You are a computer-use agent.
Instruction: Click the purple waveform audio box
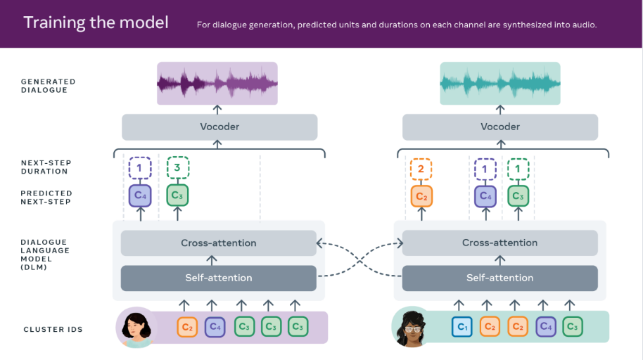coord(217,83)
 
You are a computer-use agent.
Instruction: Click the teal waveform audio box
coord(500,83)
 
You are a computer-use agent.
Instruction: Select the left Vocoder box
coord(219,127)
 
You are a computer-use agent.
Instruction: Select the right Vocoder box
coord(500,127)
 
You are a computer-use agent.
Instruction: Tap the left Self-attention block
coord(219,278)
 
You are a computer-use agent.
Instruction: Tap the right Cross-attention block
coord(500,243)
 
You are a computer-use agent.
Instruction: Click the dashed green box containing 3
coord(177,167)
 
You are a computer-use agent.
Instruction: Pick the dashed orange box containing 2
coord(421,169)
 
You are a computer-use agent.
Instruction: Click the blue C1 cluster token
coord(462,327)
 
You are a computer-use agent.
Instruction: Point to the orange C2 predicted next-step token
coord(421,196)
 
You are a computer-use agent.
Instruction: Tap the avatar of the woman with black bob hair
coord(136,327)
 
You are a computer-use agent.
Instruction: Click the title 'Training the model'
coord(96,22)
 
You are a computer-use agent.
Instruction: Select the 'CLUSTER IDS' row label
coord(53,329)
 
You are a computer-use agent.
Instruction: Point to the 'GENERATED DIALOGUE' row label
coord(49,86)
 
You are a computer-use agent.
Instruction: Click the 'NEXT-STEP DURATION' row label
coord(46,167)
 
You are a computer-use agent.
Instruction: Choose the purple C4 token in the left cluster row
coord(215,327)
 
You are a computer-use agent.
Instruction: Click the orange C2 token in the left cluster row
coord(187,327)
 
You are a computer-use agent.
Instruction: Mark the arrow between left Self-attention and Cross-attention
coord(212,260)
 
